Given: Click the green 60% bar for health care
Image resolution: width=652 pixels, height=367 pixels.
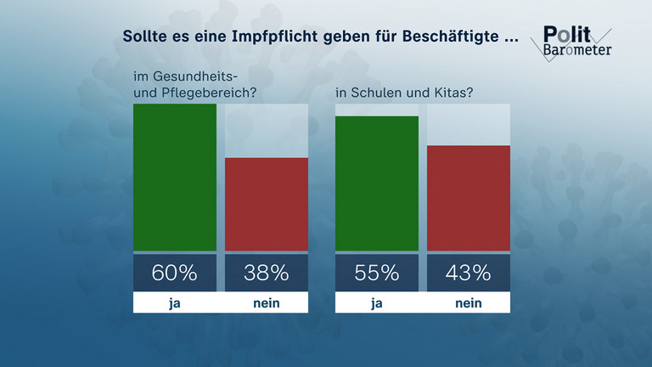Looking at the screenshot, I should coord(175,178).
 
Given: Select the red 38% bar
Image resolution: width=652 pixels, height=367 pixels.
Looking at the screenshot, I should coord(267,205).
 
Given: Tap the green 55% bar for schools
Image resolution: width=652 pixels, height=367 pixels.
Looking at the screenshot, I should coord(377,183).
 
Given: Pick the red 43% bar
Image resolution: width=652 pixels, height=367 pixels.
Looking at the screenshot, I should coord(468,198).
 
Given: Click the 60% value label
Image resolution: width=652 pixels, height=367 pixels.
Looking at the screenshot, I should coord(175,273).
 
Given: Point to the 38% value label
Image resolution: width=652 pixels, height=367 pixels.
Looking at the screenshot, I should coord(267,273).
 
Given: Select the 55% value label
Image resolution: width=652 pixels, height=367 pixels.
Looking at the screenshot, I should coord(377,273).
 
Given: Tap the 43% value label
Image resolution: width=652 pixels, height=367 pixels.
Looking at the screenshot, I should coord(468,273).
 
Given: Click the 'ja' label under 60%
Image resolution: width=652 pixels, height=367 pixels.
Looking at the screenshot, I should coord(175,302).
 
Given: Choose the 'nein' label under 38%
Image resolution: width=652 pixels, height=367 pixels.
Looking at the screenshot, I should coord(267,302).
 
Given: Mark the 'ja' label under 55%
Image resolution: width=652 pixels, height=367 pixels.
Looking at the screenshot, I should coord(377,302).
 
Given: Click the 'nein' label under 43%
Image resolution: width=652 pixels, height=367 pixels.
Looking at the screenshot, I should coord(468,302).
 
